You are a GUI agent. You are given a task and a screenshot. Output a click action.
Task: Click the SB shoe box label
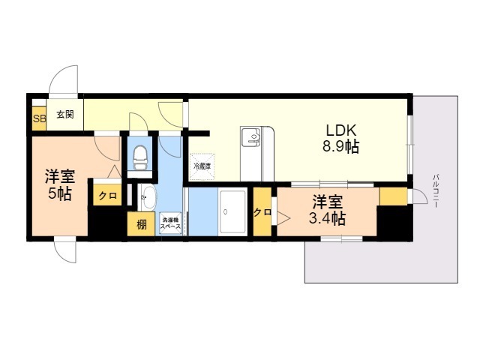click(x=39, y=118)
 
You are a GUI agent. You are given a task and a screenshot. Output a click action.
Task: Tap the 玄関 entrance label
click(x=65, y=115)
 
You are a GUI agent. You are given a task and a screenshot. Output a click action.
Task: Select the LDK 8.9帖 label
click(x=340, y=139)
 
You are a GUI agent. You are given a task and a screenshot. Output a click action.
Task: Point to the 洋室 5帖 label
click(x=60, y=185)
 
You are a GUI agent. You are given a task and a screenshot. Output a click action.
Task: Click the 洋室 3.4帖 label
click(x=328, y=210)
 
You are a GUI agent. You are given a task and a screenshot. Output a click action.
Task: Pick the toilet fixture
click(x=140, y=157)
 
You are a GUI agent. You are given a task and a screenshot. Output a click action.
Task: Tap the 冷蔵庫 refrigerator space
click(x=202, y=166)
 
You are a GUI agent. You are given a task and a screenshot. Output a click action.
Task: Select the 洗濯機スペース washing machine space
click(x=170, y=223)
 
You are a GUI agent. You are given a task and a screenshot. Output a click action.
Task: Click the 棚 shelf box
click(x=141, y=224)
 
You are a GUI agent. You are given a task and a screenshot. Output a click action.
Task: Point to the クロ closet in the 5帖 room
click(x=107, y=195)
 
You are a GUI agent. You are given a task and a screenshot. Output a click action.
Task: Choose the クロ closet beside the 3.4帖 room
click(x=262, y=211)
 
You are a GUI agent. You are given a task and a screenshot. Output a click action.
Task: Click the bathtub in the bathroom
click(x=233, y=211)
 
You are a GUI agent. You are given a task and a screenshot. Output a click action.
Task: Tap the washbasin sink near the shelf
click(x=148, y=197)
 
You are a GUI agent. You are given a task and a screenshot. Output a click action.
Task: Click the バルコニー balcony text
click(x=436, y=191)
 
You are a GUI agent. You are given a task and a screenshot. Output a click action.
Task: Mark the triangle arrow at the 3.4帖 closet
click(x=283, y=217)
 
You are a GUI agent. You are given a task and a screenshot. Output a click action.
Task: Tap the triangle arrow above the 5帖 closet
click(x=114, y=171)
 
